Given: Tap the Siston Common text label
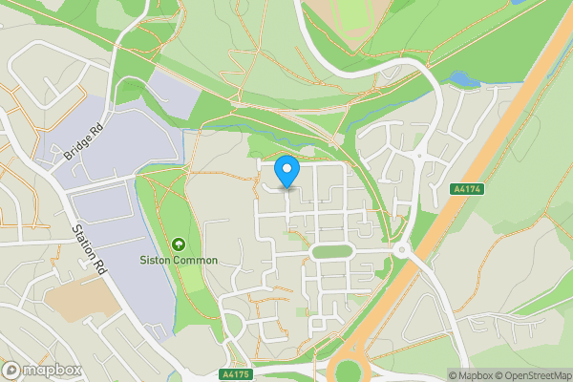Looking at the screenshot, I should tap(180, 260).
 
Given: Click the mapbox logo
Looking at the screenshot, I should tap(42, 370).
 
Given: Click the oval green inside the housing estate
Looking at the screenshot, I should tap(331, 251).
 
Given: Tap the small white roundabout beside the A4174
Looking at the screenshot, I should tap(401, 250).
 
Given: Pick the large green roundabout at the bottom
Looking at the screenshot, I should tap(354, 371).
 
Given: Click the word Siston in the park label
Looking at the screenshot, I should tap(157, 260).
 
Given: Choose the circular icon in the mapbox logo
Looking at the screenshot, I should tap(12, 370).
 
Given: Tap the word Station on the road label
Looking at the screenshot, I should tap(81, 239).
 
